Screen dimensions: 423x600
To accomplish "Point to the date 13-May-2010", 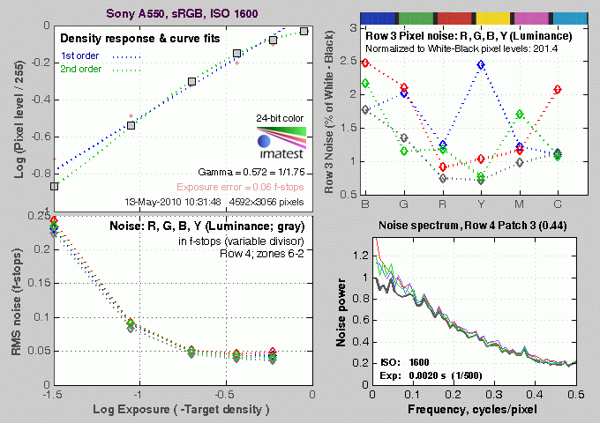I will pyautogui.click(x=156, y=202).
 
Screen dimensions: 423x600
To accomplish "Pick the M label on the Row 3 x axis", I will pyautogui.click(x=520, y=204).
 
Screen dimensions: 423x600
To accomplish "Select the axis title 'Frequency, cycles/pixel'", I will pyautogui.click(x=469, y=411).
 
